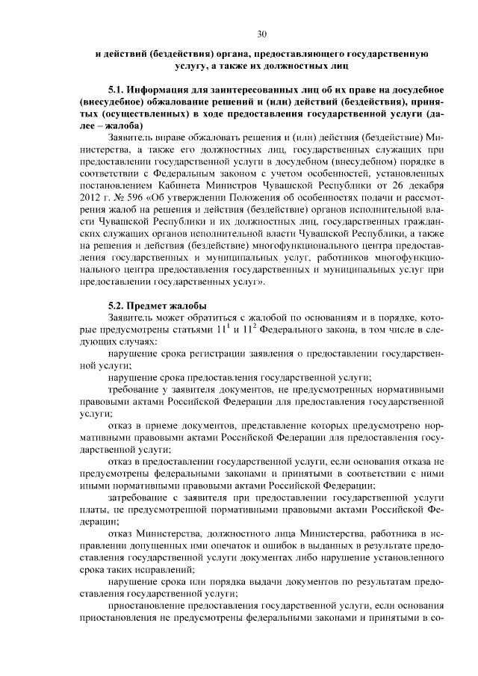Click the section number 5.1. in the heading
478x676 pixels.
click(118, 90)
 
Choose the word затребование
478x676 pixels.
click(145, 496)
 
